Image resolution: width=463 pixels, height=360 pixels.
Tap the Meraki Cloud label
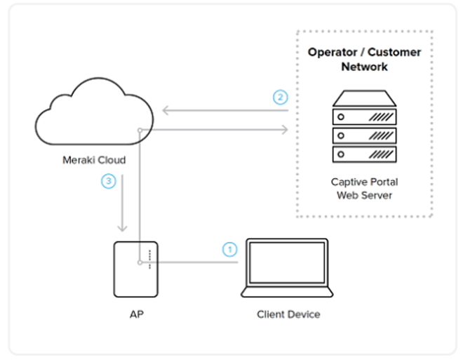pyautogui.click(x=94, y=160)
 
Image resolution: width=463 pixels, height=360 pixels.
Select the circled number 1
pyautogui.click(x=229, y=248)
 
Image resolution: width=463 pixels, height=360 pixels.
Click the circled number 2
pyautogui.click(x=281, y=97)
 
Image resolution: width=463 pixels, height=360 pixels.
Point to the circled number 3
pyautogui.click(x=107, y=182)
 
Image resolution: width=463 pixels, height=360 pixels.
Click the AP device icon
pyautogui.click(x=135, y=269)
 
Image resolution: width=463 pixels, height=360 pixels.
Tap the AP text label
pyautogui.click(x=135, y=314)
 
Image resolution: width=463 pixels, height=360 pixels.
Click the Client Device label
pyautogui.click(x=288, y=314)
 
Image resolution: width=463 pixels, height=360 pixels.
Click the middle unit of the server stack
pyautogui.click(x=363, y=135)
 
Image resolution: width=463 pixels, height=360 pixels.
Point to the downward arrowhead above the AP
pyautogui.click(x=123, y=227)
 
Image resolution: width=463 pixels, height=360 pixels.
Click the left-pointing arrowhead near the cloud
pyautogui.click(x=166, y=110)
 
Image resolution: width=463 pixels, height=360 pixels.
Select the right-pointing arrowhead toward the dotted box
pyautogui.click(x=284, y=129)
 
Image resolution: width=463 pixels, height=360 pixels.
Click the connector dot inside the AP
pyautogui.click(x=141, y=263)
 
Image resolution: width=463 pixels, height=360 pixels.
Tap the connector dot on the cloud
pyautogui.click(x=141, y=129)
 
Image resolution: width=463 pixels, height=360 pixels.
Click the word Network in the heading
pyautogui.click(x=364, y=67)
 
